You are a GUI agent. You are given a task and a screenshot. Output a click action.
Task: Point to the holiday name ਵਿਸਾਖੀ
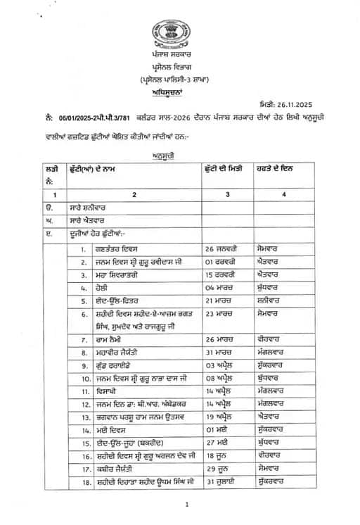click(x=105, y=391)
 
